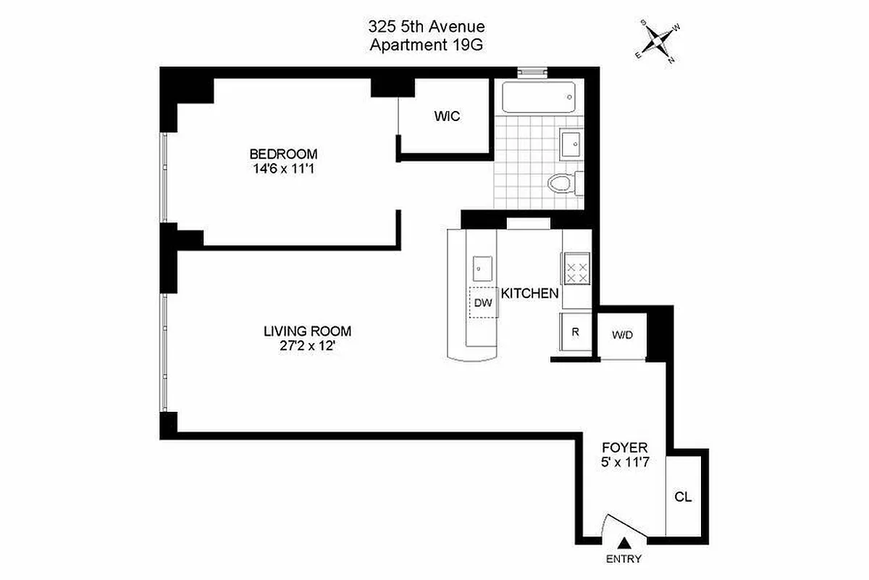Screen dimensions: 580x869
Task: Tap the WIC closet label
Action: click(x=447, y=116)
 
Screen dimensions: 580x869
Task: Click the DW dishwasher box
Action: click(x=484, y=304)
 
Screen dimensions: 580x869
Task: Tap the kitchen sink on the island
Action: click(x=482, y=268)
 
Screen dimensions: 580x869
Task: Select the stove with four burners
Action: click(x=577, y=273)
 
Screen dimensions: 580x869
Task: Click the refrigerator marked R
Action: click(x=576, y=333)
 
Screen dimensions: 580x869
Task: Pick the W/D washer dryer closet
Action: click(x=622, y=335)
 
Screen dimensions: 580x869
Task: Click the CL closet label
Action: click(x=683, y=497)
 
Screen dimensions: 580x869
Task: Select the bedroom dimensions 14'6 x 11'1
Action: click(x=283, y=168)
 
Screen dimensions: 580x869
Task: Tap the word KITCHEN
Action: click(x=530, y=294)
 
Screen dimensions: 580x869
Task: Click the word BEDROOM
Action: click(x=283, y=154)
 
